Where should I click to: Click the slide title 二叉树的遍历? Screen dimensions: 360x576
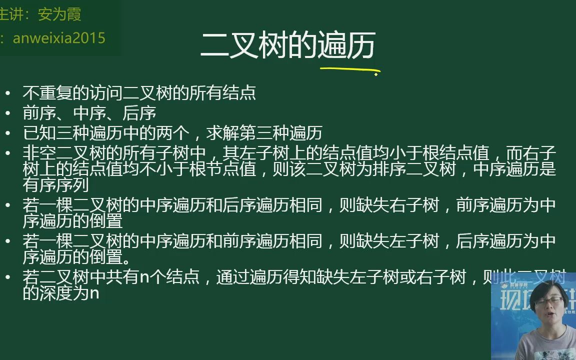click(287, 46)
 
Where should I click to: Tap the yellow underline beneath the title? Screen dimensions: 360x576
click(349, 70)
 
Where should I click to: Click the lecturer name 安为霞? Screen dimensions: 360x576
click(59, 14)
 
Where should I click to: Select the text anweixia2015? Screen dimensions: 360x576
click(59, 38)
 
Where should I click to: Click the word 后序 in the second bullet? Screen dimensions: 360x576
click(139, 113)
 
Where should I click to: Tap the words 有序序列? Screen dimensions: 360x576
click(55, 185)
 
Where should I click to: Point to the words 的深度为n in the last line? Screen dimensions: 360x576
click(60, 293)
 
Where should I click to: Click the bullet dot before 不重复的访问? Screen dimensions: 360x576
click(7, 93)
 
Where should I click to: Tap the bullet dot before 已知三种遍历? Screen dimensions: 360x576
click(7, 133)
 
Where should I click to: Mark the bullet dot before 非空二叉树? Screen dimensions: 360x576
click(7, 153)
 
